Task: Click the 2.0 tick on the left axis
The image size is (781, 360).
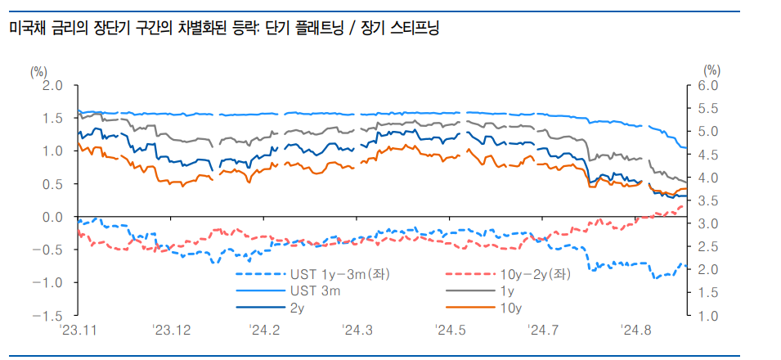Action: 52,85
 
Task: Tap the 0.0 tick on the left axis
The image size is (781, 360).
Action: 52,217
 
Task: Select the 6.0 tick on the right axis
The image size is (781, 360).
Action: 709,85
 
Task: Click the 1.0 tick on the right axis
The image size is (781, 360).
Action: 709,316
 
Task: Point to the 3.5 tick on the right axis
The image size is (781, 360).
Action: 709,200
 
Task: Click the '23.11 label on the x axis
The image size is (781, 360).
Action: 79,331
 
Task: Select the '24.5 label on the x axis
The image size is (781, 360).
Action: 451,331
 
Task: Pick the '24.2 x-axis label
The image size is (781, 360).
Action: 265,331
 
